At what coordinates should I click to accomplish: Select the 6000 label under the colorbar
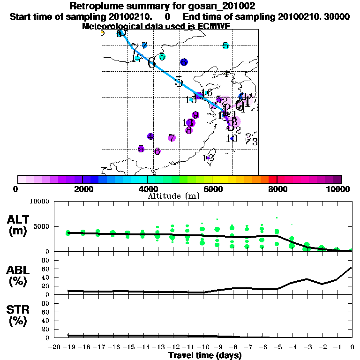(212, 189)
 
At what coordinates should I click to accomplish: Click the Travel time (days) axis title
(205, 355)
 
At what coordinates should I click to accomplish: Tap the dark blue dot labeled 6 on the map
(184, 62)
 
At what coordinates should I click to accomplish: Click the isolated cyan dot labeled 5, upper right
(225, 46)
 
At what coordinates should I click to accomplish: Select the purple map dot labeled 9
(195, 115)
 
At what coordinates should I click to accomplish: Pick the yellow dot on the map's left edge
(102, 33)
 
